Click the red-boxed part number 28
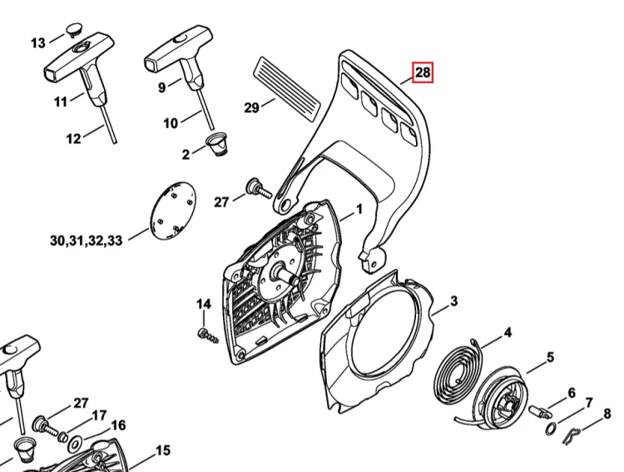(x=422, y=72)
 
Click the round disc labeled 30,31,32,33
(x=173, y=211)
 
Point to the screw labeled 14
(x=208, y=335)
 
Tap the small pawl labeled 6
(x=538, y=410)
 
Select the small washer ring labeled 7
(x=551, y=428)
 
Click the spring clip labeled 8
(x=573, y=435)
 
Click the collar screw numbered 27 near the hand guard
(x=259, y=189)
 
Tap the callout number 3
(x=453, y=301)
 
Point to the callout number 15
(x=162, y=450)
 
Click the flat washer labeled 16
(x=74, y=443)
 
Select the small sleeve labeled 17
(x=62, y=437)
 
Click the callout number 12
(x=73, y=138)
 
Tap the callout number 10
(x=171, y=123)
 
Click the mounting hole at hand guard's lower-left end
(x=285, y=204)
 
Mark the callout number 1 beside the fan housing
(x=359, y=209)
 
